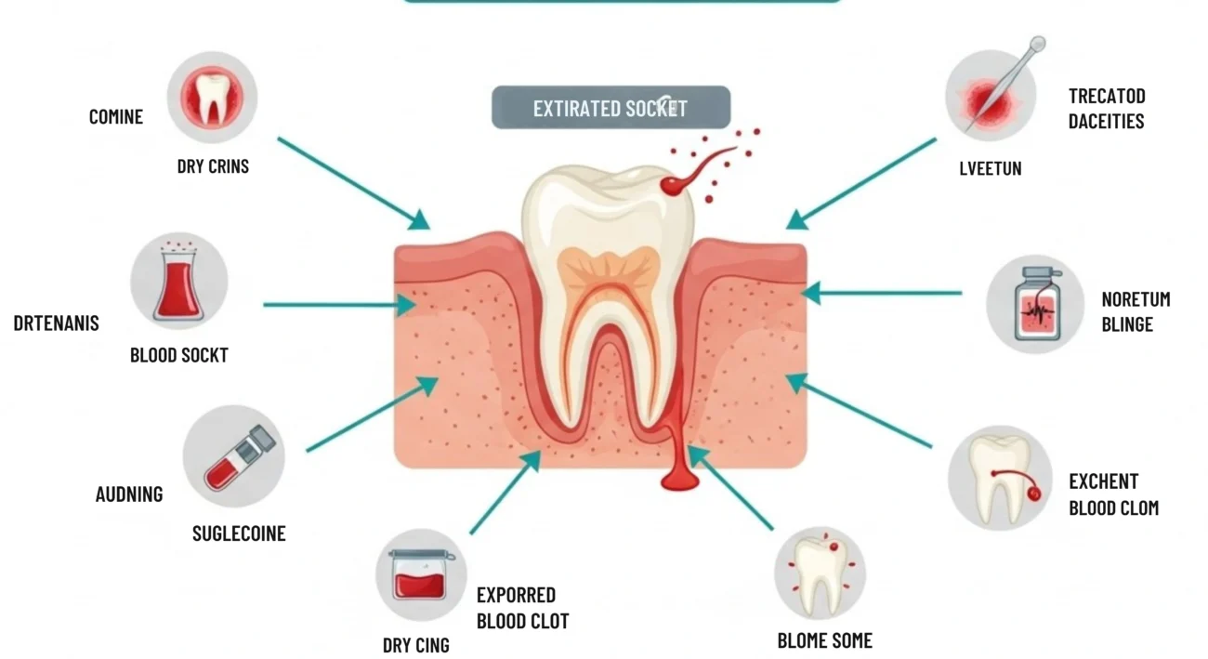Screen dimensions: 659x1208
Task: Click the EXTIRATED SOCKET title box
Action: tap(611, 108)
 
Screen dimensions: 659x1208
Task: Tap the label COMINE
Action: tap(116, 117)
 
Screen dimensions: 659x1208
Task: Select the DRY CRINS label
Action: tap(213, 166)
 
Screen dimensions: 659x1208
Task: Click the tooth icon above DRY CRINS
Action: tap(212, 97)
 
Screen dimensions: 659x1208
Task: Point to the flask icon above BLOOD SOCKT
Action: tap(178, 281)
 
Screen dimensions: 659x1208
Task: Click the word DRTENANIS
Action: tap(56, 323)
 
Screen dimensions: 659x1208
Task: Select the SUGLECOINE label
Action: tap(239, 534)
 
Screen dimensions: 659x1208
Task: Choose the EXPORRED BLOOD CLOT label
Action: tap(522, 608)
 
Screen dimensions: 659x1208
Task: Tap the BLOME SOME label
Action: tap(825, 640)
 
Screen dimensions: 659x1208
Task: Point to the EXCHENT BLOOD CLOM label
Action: tap(1113, 494)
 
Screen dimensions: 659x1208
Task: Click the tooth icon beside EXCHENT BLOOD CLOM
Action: tap(1000, 479)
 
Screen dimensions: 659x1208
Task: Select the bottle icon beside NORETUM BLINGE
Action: tap(1035, 304)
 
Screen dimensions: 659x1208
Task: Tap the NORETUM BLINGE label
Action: tap(1135, 312)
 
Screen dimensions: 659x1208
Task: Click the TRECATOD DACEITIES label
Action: tap(1106, 109)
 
